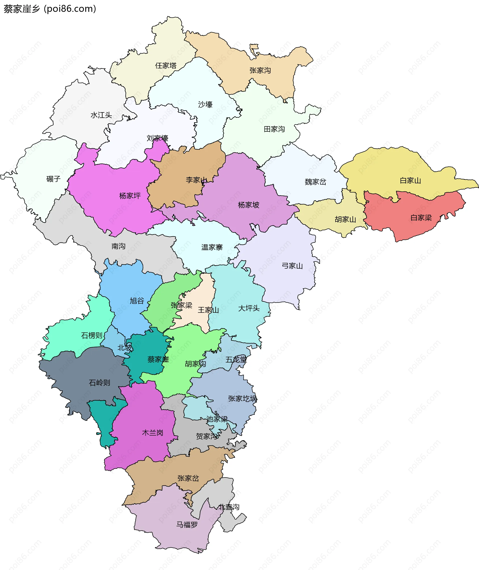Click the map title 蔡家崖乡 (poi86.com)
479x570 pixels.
pos(50,9)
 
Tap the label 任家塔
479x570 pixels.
pos(166,66)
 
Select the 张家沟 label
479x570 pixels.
pos(260,71)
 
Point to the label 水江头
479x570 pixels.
pos(101,115)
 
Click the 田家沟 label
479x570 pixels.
pos(274,129)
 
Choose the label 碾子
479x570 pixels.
pos(53,179)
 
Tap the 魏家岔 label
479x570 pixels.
pos(315,182)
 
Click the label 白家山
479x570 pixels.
pos(410,181)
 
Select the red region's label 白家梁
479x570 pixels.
pos(421,218)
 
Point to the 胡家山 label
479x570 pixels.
pos(345,219)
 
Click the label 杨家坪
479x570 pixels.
pos(130,196)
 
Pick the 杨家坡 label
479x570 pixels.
pos(248,205)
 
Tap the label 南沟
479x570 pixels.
pos(119,246)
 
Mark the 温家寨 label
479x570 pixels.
pos(212,247)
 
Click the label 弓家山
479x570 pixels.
pos(292,266)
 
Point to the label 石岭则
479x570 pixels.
pos(99,383)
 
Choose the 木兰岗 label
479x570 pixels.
pos(153,433)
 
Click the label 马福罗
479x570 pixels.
pos(187,525)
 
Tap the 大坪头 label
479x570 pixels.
pos(249,308)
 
